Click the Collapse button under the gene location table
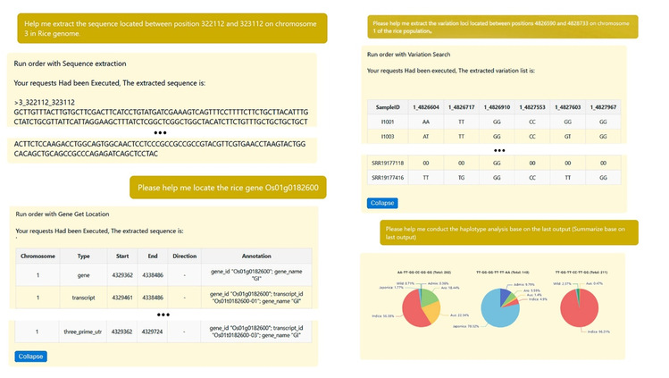point(30,357)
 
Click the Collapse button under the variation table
point(382,203)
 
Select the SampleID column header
point(387,106)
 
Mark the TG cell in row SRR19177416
point(459,179)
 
